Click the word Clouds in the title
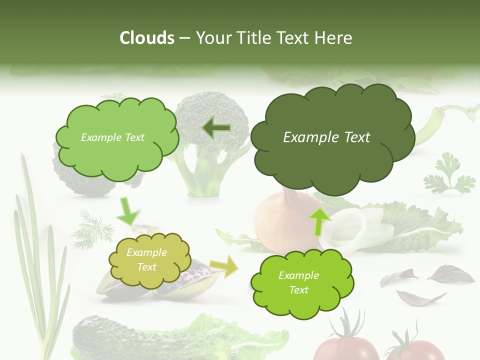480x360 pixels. tap(146, 38)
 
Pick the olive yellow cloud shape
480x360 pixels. tap(149, 260)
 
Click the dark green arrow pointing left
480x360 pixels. tap(216, 128)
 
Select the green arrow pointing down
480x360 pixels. tap(128, 211)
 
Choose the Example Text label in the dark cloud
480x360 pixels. tap(326, 137)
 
